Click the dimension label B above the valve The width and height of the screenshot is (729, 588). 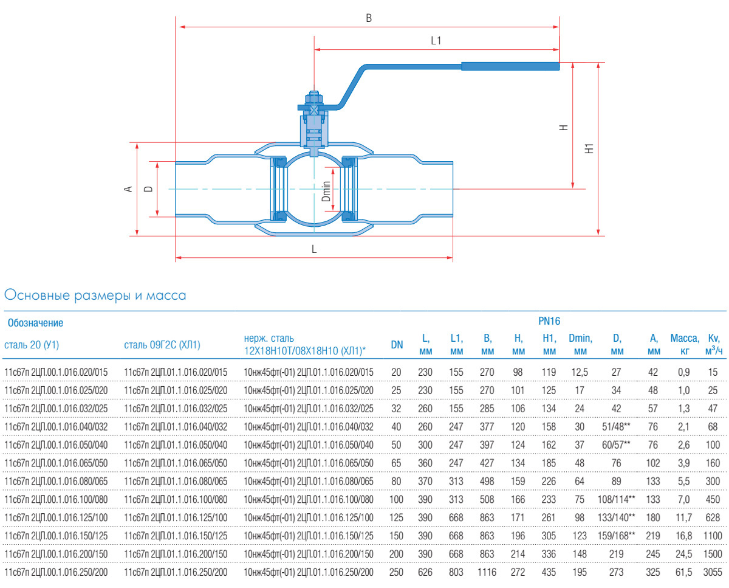click(x=368, y=18)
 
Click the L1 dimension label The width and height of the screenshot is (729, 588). click(x=436, y=41)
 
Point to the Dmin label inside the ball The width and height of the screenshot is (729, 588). click(x=326, y=191)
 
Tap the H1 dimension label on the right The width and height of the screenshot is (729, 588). click(x=588, y=148)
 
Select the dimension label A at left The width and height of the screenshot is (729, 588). click(x=128, y=189)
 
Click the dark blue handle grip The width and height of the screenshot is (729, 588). click(x=510, y=66)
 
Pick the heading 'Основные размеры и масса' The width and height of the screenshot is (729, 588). click(x=95, y=296)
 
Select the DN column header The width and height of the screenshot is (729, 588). click(x=397, y=345)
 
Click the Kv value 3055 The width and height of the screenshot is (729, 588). click(x=713, y=573)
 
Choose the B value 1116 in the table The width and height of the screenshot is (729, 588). click(x=487, y=573)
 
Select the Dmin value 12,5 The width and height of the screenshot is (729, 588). click(x=580, y=372)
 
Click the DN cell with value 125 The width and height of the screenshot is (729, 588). click(x=397, y=517)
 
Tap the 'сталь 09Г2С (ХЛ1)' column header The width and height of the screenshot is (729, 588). click(x=162, y=345)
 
